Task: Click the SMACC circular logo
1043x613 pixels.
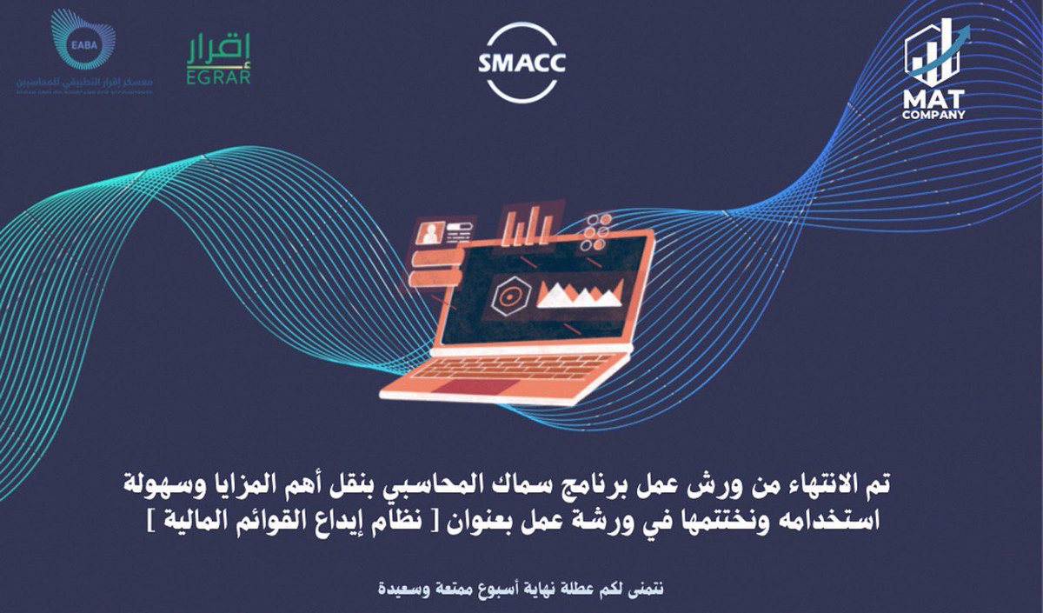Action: coord(521,63)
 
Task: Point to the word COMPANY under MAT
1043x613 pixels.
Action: coord(934,113)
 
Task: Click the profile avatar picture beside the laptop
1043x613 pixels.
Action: coord(429,232)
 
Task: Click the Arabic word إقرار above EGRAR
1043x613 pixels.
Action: coord(219,50)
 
